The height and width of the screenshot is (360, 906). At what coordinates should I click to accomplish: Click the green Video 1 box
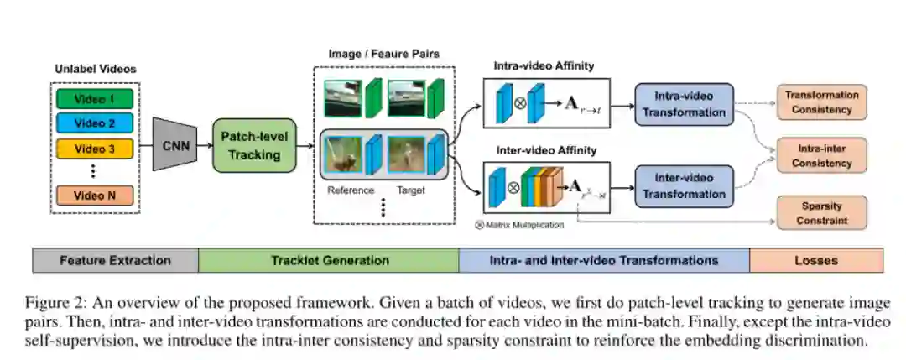95,100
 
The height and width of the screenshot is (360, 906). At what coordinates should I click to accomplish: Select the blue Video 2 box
95,124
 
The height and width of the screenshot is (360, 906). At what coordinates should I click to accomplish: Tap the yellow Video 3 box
95,149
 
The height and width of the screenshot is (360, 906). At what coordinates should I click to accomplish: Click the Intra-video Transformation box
684,104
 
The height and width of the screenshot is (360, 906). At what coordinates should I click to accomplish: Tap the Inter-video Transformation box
684,186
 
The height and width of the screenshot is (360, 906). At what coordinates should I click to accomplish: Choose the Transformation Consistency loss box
821,102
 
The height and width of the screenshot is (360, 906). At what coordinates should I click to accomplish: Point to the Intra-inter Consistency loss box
821,155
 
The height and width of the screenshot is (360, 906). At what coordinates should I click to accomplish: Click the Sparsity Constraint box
821,213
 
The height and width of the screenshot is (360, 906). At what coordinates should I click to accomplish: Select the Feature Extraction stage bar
115,260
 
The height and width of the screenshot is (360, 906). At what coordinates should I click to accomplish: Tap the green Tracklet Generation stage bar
329,260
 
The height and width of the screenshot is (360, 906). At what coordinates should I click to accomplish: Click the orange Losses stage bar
815,260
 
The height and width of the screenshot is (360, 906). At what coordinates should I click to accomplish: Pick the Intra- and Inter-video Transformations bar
603,260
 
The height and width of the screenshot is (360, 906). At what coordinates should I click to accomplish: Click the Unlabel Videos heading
95,68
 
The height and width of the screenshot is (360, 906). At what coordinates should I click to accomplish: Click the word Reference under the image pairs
351,190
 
